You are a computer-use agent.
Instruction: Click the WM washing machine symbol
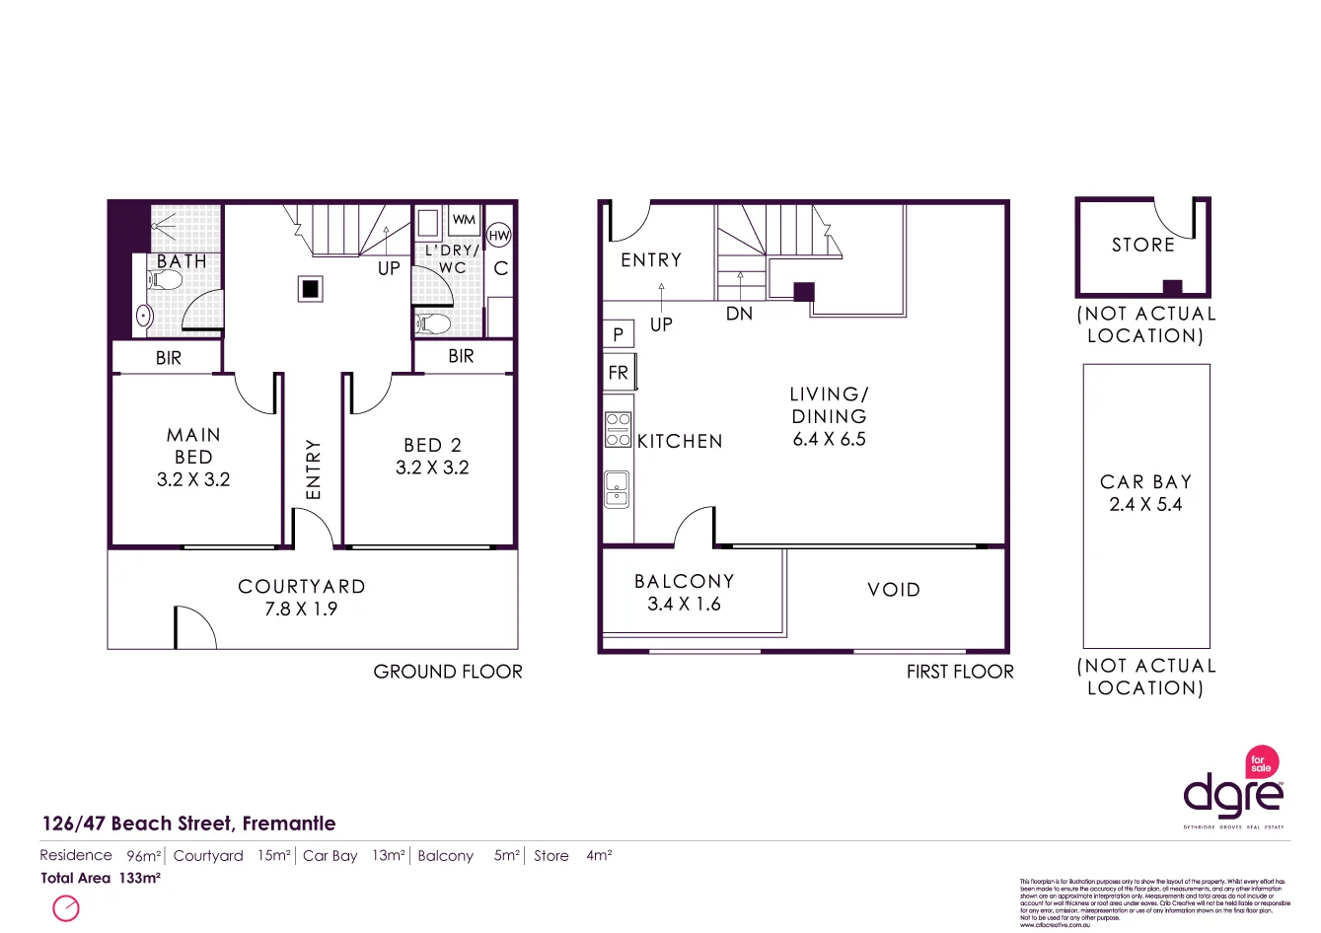464,220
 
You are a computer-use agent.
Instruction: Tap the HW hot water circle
499,236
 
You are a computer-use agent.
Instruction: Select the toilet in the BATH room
167,281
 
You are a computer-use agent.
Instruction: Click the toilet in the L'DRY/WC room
434,323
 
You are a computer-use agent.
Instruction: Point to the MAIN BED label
193,446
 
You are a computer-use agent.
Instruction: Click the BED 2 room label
432,445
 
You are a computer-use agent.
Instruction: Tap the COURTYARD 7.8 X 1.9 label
301,598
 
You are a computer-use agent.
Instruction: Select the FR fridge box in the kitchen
619,373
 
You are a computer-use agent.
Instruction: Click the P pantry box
618,334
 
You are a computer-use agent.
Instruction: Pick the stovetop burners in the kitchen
619,430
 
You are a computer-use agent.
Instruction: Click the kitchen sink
618,488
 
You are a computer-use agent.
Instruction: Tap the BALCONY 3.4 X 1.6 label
684,593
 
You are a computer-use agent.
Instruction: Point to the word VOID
894,590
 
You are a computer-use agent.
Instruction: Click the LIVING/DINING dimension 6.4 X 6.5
829,440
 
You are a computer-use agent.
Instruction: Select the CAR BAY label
1145,482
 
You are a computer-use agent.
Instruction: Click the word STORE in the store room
1143,245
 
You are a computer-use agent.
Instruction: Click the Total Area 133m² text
100,878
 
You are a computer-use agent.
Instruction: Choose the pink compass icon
66,907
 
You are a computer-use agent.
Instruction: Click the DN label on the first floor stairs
739,314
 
